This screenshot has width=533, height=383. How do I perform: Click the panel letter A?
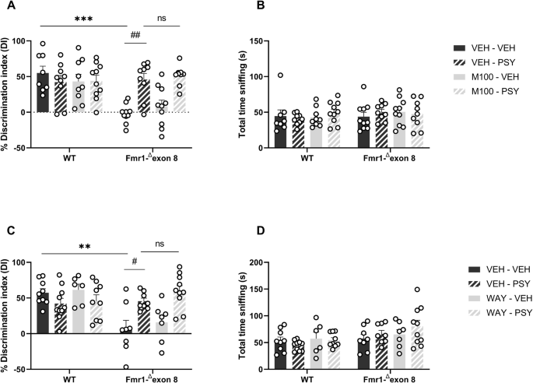click(6, 7)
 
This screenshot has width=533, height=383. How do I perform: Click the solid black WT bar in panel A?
click(43, 93)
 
